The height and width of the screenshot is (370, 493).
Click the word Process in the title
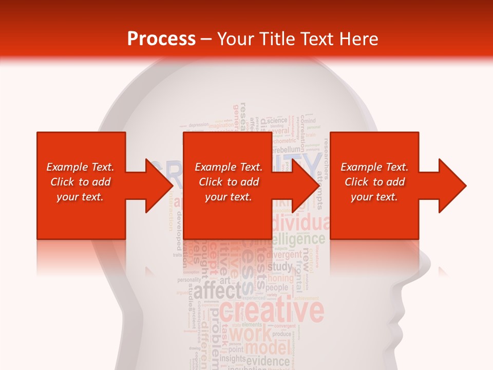(161, 39)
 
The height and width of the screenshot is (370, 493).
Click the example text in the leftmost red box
(80, 182)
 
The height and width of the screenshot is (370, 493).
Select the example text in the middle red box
(229, 182)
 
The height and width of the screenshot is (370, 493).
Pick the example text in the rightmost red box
(374, 182)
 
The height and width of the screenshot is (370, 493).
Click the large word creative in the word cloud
(272, 311)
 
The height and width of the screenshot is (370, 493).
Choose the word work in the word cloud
(250, 335)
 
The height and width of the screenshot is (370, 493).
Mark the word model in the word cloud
(267, 348)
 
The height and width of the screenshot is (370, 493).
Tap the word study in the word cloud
(280, 267)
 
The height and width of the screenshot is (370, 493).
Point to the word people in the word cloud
(277, 287)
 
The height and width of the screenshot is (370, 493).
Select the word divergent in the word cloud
(284, 254)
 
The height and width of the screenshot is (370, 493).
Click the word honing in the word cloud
(280, 278)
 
